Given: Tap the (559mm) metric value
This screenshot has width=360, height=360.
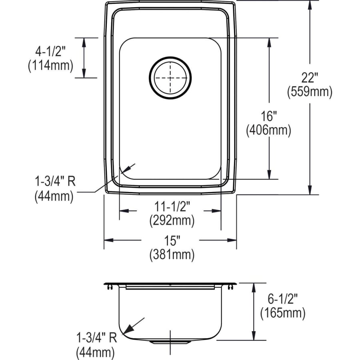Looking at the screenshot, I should (x=310, y=92).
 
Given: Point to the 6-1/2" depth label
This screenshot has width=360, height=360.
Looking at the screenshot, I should (x=282, y=298).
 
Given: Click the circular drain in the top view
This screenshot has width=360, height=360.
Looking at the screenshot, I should (x=170, y=77).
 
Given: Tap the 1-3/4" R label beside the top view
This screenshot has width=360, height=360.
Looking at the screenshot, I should (x=55, y=182).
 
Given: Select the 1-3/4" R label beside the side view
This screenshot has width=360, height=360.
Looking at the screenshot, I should (x=96, y=338).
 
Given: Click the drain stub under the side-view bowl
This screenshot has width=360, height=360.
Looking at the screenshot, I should (x=170, y=342).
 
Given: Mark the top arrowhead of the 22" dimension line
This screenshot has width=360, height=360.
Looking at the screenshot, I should (x=310, y=5).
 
